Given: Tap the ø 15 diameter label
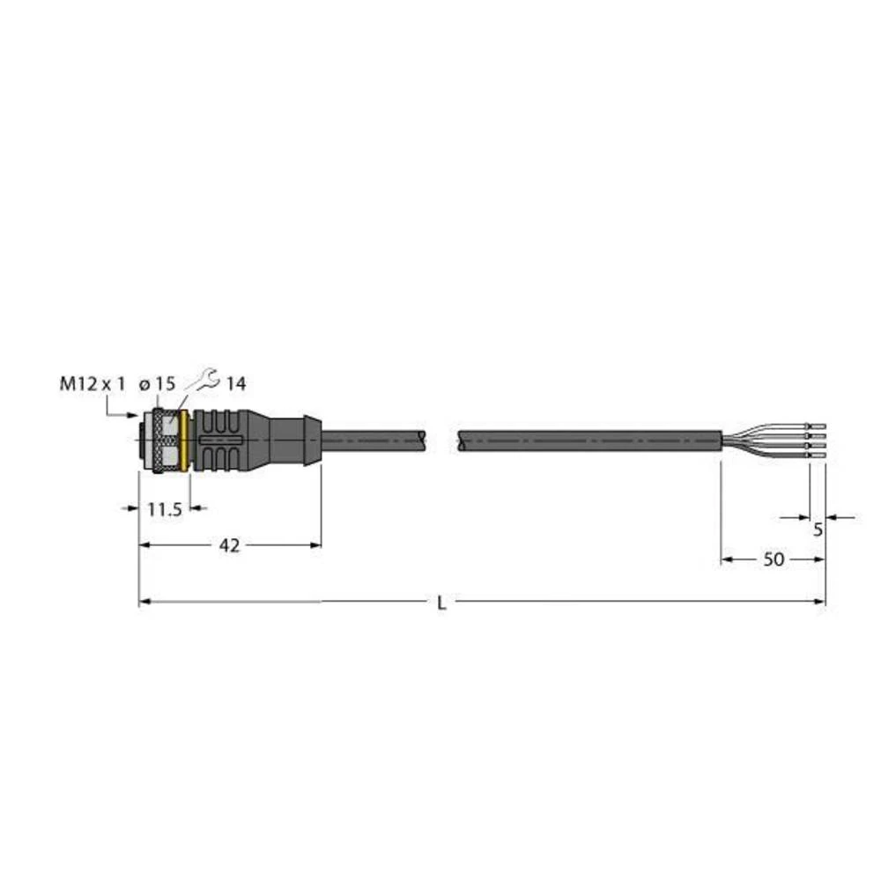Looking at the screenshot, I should click(x=158, y=383).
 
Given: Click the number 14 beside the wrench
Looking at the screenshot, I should click(x=236, y=383).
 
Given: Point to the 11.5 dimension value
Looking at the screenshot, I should click(x=164, y=508).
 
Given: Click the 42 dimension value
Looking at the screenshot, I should click(x=229, y=546).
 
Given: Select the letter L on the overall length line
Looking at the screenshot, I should click(x=441, y=603).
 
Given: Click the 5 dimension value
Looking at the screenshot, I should click(x=818, y=529).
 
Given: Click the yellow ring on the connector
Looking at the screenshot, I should click(x=185, y=440).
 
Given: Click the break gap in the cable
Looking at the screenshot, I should click(x=442, y=440).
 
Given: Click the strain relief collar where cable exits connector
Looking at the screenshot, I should click(x=311, y=440).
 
